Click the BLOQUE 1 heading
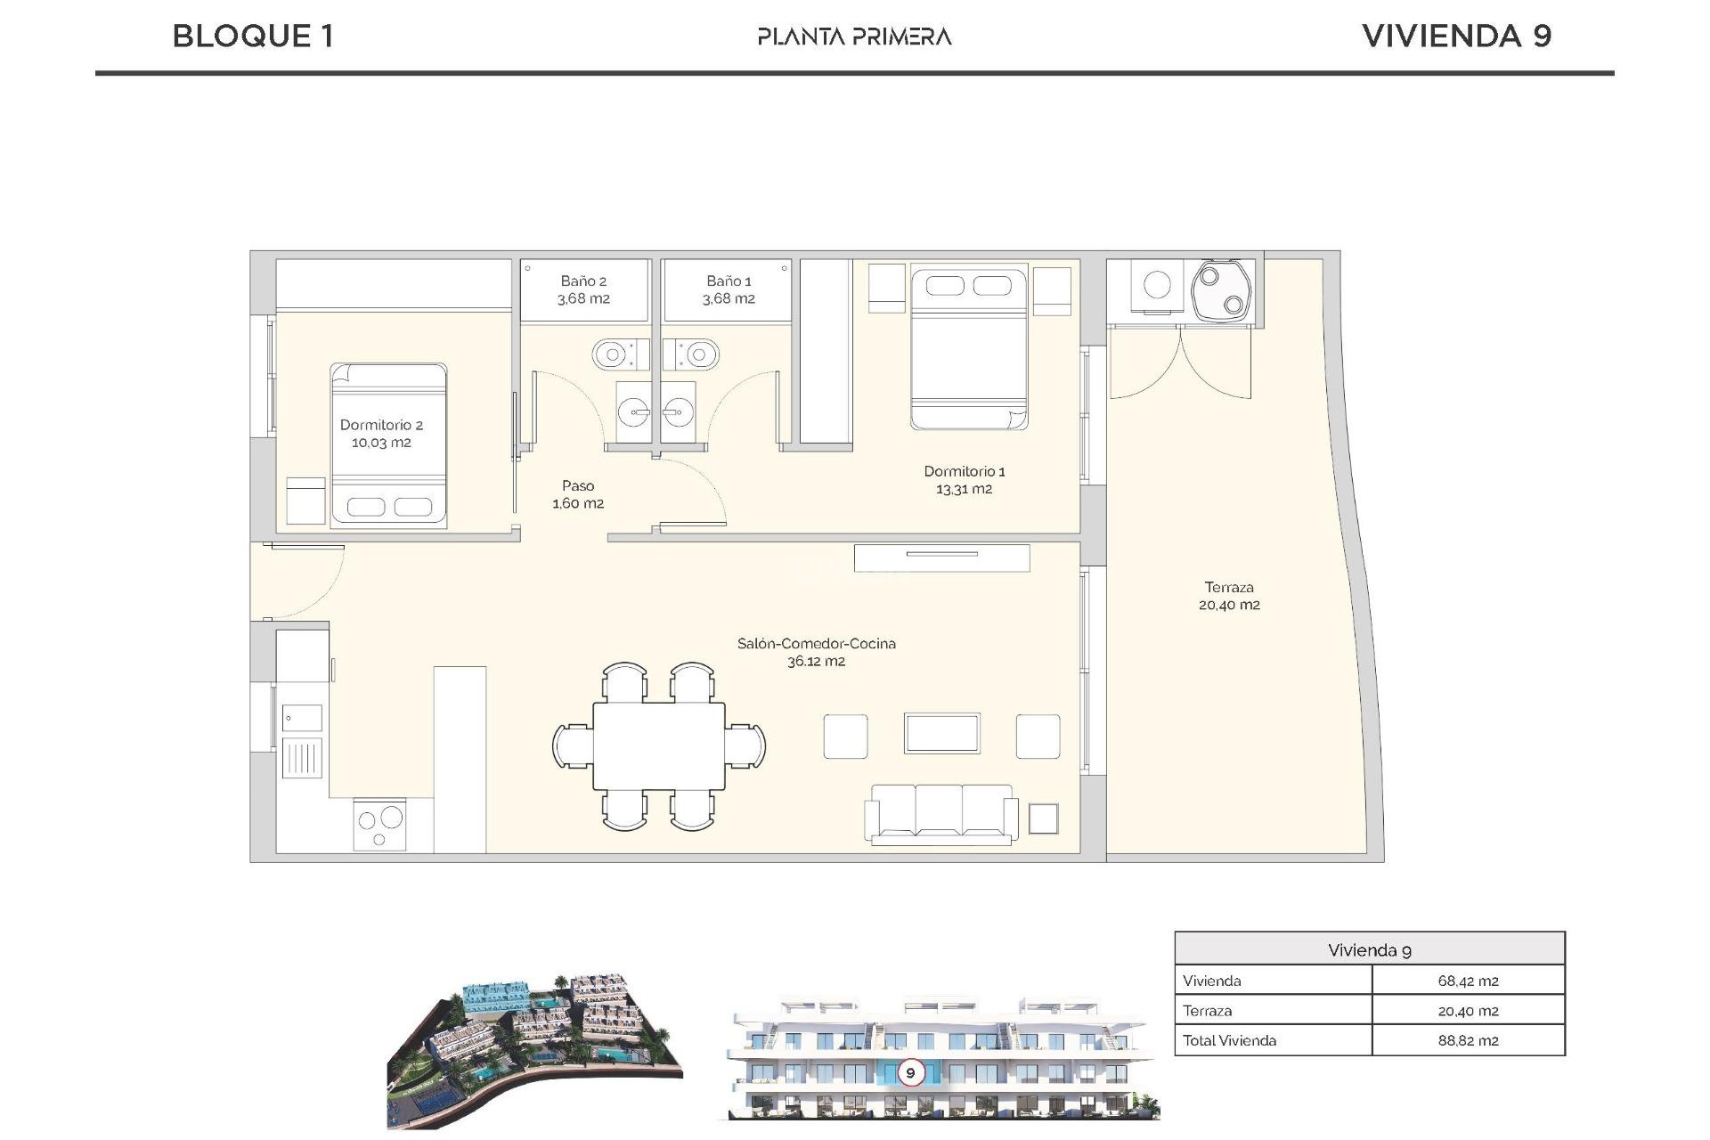tap(253, 37)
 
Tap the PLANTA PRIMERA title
tap(854, 37)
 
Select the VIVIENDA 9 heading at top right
tap(1456, 37)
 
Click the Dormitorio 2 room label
tap(381, 434)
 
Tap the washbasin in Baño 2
tap(634, 412)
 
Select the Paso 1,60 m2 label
tap(578, 494)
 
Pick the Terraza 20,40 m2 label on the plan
tap(1229, 596)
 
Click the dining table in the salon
tap(659, 745)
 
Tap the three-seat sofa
tap(940, 813)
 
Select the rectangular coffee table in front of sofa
tap(941, 734)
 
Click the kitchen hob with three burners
tap(380, 824)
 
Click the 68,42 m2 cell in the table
tap(1467, 981)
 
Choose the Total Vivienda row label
tap(1229, 1040)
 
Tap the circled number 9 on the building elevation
tap(910, 1072)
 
